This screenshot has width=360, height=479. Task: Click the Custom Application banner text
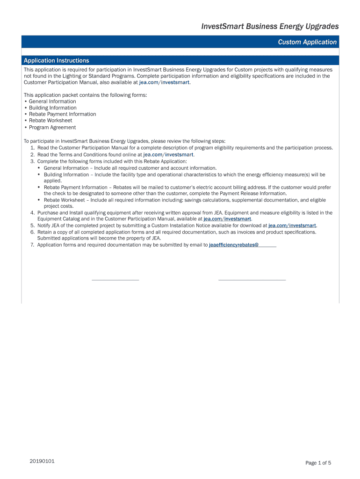point(307,42)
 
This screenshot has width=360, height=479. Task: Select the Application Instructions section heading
point(56,60)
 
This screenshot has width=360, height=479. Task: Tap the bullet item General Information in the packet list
point(52,102)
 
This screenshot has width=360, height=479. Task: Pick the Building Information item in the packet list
point(52,108)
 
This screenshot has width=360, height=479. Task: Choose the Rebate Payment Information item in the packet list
point(62,114)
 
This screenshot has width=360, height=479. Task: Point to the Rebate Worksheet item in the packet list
point(50,121)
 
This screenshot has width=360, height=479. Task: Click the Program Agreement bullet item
point(52,127)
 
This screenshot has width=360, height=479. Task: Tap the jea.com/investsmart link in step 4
point(228,218)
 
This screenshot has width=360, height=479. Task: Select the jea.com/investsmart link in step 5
point(292,225)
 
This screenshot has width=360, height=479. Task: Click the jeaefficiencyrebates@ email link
point(234,245)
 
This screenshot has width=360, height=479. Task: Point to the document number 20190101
point(42,461)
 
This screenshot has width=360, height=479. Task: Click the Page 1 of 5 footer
point(318,463)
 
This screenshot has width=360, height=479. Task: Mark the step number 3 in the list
point(32,161)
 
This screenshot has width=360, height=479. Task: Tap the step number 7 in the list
point(32,245)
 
